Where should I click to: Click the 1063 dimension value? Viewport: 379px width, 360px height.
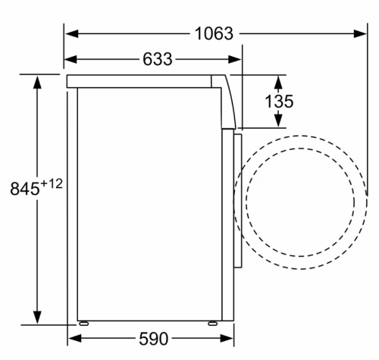[x=214, y=33]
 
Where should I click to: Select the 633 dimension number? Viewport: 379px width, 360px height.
[x=157, y=58]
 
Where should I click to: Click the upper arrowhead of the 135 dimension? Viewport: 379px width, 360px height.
[x=278, y=81]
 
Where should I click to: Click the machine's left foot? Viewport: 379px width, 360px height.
[x=83, y=321]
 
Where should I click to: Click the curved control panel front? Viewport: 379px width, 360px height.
[x=230, y=102]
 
